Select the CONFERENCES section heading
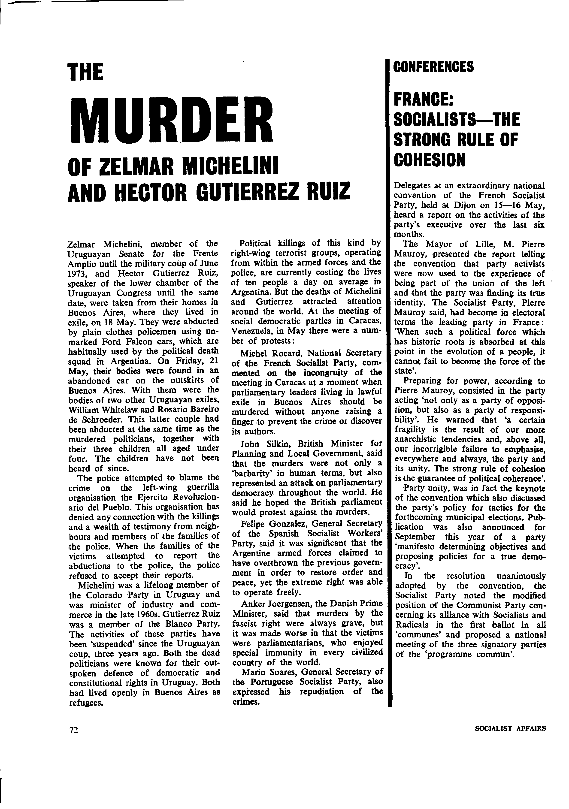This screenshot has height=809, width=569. click(x=433, y=66)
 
